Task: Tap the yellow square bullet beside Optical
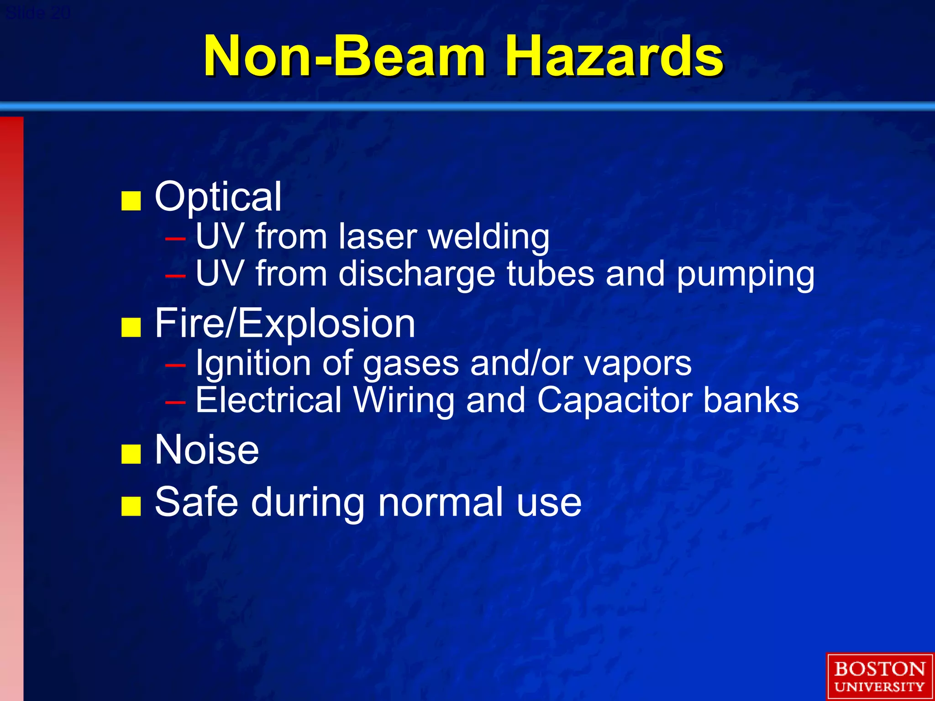pos(131,201)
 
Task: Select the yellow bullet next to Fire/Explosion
pos(131,327)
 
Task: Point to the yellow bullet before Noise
pos(131,454)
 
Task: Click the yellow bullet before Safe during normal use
pos(131,506)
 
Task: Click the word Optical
pos(218,197)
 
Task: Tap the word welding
pos(489,237)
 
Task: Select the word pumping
pos(745,275)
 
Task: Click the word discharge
pos(416,274)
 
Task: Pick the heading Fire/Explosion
pos(285,324)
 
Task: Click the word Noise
pos(207,450)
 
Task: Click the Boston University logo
pos(879,677)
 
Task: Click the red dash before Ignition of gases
pos(176,365)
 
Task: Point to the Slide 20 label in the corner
pos(37,13)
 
